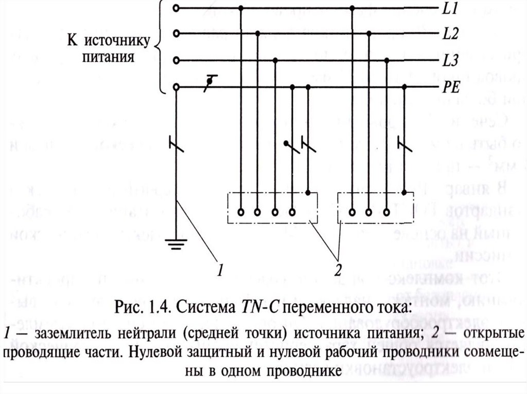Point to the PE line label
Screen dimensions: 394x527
pos(450,88)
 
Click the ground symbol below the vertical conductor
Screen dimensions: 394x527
pos(177,243)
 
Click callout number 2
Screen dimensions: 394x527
pos(338,270)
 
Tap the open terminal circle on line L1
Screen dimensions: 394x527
pos(177,9)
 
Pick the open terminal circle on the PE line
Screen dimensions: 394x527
pos(177,87)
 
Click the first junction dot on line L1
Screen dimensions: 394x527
pos(241,9)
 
